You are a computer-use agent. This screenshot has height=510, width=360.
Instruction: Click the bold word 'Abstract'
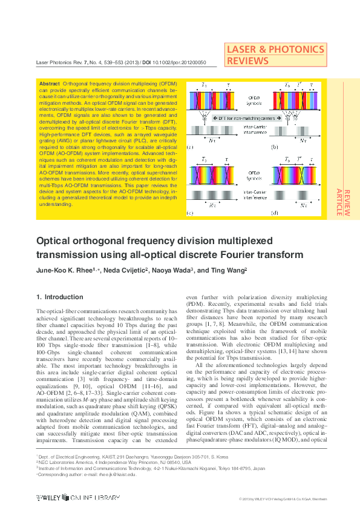(49, 83)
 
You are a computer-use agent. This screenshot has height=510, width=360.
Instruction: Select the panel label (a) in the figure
(190, 147)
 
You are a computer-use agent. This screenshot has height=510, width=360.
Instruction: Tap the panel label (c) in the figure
(190, 213)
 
